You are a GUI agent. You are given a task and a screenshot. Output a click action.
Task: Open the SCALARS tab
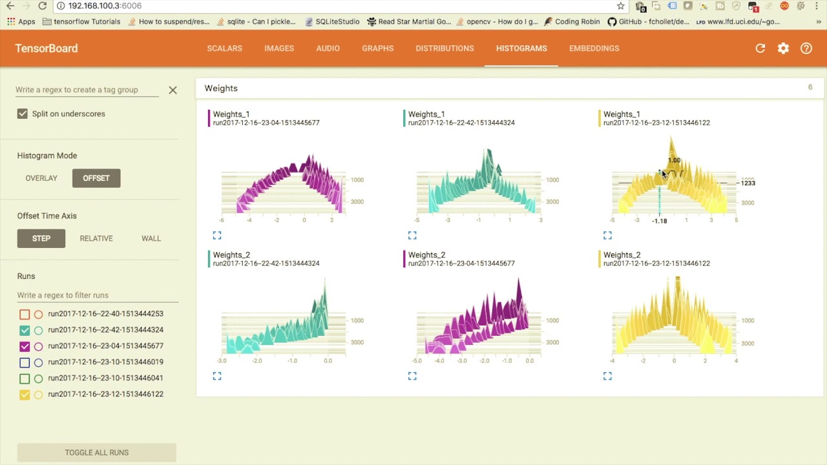click(224, 48)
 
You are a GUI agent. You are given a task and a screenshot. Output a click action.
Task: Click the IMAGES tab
click(279, 48)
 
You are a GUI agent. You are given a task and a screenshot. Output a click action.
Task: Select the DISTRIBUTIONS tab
click(445, 48)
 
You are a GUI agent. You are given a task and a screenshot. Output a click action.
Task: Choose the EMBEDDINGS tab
click(594, 48)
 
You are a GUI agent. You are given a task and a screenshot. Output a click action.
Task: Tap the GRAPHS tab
click(377, 48)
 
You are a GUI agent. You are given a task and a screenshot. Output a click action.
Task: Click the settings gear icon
click(783, 48)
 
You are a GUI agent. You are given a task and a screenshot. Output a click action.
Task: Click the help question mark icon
click(806, 48)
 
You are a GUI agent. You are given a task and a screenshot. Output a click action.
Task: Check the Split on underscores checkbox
click(23, 114)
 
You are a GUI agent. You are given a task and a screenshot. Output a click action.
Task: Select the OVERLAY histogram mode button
click(41, 178)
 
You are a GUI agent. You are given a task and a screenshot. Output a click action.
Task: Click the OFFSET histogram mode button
click(96, 178)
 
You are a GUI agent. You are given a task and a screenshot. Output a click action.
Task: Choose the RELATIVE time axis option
click(96, 238)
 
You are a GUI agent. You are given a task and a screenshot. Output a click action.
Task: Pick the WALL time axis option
click(151, 238)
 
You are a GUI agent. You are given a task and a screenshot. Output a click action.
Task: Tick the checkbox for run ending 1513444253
click(25, 315)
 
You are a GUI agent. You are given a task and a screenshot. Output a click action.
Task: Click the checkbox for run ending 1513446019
click(25, 362)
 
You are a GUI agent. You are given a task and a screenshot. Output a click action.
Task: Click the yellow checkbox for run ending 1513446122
click(25, 395)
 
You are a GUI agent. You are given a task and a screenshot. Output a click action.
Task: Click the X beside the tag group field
click(173, 90)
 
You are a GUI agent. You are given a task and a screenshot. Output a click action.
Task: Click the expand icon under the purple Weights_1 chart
click(217, 235)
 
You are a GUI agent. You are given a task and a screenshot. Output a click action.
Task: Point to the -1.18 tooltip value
click(660, 221)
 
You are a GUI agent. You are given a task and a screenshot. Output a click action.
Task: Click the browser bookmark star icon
click(621, 6)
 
